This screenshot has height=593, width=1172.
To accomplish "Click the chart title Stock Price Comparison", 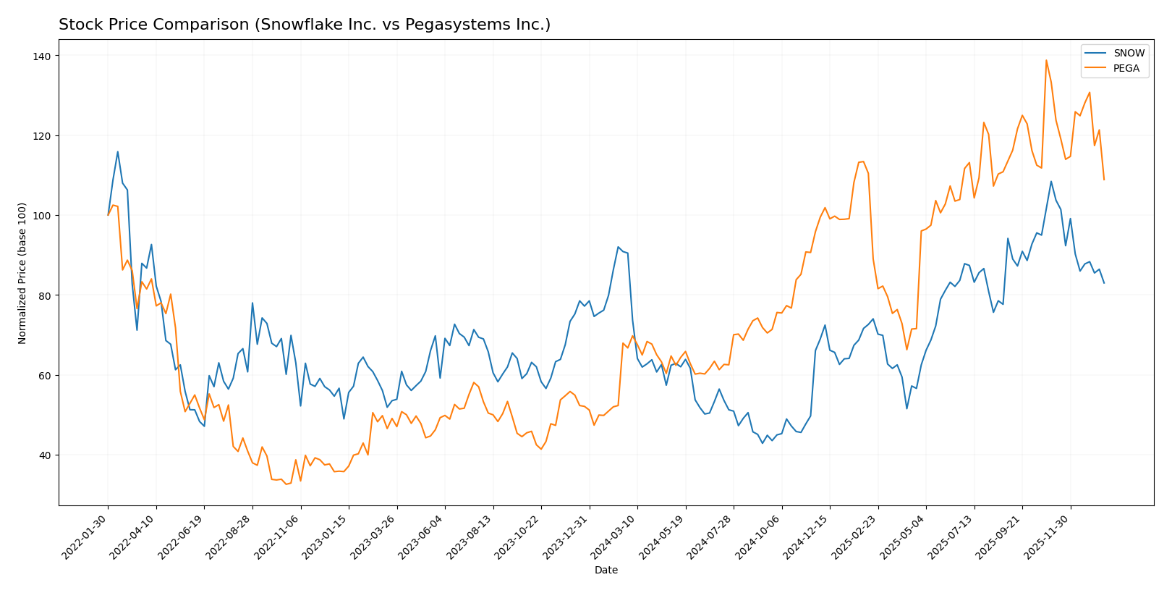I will point(304,25).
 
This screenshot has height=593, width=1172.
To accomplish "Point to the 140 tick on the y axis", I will point(43,56).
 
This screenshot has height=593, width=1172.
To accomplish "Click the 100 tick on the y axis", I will point(43,216).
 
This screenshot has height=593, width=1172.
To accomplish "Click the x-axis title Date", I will point(606,571).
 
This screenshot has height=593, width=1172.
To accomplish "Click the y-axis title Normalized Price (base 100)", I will point(22,273).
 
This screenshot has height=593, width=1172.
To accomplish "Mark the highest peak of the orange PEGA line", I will point(1046,60).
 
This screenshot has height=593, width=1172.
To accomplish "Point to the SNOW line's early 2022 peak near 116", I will point(118,152).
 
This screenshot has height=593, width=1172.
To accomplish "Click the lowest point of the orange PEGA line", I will point(286,484).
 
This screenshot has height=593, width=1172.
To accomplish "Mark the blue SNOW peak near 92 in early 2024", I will point(618,247).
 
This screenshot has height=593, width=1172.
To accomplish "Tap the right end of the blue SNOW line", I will point(1104,283).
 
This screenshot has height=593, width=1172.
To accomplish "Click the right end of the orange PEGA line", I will point(1104,180).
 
